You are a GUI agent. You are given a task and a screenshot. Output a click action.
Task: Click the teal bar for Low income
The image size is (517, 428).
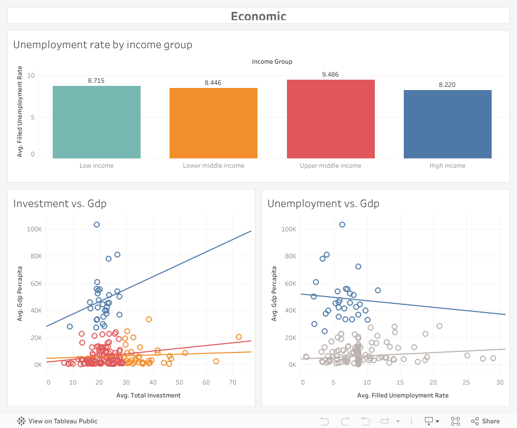pyautogui.click(x=97, y=122)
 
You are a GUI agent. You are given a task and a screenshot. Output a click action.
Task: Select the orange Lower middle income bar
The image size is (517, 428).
pyautogui.click(x=214, y=123)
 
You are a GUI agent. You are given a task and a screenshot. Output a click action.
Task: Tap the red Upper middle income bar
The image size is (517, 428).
pyautogui.click(x=330, y=119)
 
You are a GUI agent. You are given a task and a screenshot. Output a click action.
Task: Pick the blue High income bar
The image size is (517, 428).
pyautogui.click(x=447, y=124)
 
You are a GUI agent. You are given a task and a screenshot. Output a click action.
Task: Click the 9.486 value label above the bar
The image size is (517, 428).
pyautogui.click(x=330, y=75)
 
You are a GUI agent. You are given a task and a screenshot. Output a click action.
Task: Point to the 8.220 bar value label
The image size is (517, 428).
pyautogui.click(x=447, y=85)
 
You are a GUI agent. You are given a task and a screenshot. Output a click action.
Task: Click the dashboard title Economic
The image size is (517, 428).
pyautogui.click(x=258, y=16)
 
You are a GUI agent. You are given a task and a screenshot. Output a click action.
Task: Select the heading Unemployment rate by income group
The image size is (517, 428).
pyautogui.click(x=103, y=45)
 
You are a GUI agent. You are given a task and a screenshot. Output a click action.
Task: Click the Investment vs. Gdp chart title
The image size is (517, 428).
pyautogui.click(x=60, y=203)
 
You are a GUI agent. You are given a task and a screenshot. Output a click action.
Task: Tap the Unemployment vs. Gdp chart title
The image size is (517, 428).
pyautogui.click(x=323, y=203)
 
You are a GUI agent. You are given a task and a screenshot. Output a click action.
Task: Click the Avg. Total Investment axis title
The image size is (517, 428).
pyautogui.click(x=149, y=395)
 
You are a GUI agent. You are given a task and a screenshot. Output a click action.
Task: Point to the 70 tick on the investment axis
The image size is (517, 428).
pyautogui.click(x=232, y=382)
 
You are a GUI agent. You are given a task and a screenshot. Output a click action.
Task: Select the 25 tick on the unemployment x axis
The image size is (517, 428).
pyautogui.click(x=467, y=382)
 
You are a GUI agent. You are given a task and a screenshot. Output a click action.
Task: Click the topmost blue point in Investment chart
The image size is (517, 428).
pyautogui.click(x=97, y=225)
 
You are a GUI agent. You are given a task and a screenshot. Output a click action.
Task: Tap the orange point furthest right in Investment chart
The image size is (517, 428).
pyautogui.click(x=239, y=337)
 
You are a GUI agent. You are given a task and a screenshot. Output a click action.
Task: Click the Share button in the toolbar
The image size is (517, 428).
pyautogui.click(x=485, y=421)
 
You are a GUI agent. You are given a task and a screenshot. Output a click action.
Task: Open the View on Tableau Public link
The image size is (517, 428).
pyautogui.click(x=57, y=421)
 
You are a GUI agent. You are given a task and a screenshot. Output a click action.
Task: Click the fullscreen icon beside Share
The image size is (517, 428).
pyautogui.click(x=455, y=421)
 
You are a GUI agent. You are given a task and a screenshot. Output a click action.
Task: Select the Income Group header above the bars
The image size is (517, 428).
pyautogui.click(x=272, y=62)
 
